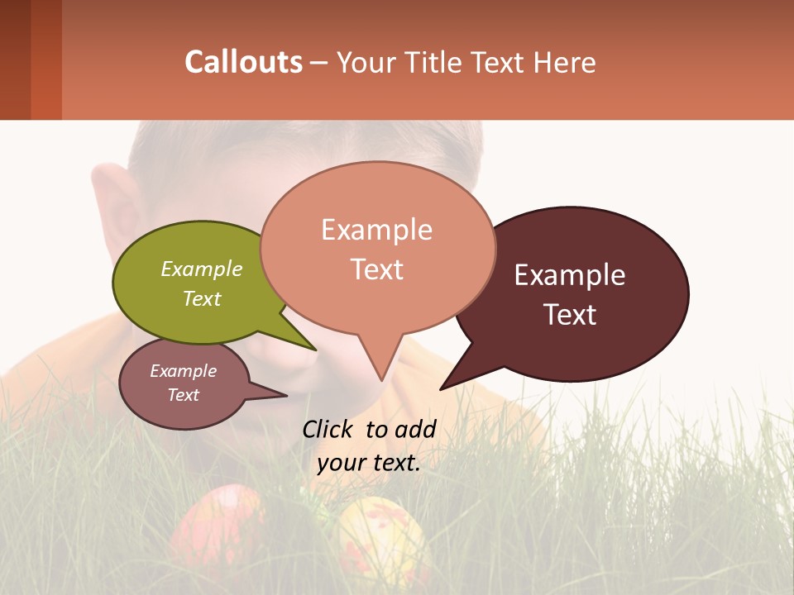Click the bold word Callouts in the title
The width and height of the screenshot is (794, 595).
click(x=243, y=62)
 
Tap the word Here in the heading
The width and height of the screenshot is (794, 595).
click(x=566, y=62)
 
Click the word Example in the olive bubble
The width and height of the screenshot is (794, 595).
click(x=202, y=269)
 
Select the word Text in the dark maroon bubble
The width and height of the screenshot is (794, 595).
click(x=570, y=315)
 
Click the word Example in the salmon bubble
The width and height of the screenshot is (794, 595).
click(x=376, y=230)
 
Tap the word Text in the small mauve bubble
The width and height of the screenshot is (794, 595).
click(x=183, y=395)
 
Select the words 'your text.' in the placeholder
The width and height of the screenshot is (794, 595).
click(x=369, y=463)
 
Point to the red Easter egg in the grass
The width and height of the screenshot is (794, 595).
click(x=216, y=525)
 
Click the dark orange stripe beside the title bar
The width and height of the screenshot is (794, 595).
click(x=45, y=59)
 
